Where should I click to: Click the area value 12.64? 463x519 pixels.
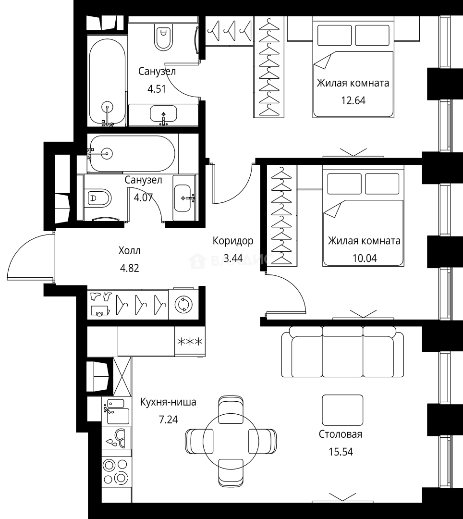click(x=353, y=100)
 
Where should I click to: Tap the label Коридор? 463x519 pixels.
click(x=233, y=241)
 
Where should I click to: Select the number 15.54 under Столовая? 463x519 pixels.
click(x=341, y=451)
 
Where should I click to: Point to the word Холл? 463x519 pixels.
click(x=129, y=250)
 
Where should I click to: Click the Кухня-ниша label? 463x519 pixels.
click(x=168, y=402)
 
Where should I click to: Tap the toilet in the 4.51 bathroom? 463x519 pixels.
click(x=164, y=37)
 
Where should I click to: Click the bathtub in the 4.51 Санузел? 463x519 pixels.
click(x=107, y=83)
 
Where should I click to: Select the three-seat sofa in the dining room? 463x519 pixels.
click(x=342, y=352)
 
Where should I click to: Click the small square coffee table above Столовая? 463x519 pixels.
click(x=342, y=410)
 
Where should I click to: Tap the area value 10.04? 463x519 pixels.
click(x=365, y=258)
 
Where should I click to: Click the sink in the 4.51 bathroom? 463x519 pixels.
click(x=163, y=114)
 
